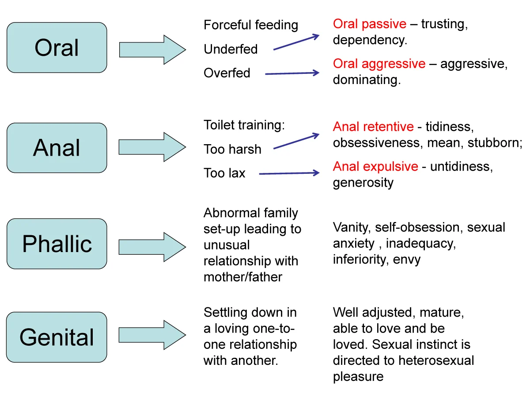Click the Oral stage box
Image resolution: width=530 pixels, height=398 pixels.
(57, 48)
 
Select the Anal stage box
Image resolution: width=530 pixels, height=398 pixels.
(57, 148)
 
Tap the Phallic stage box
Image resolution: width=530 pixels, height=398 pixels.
(57, 244)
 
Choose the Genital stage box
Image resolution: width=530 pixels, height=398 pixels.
(57, 337)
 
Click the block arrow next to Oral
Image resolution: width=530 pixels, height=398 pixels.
(152, 50)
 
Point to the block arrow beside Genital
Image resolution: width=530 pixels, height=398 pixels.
(152, 335)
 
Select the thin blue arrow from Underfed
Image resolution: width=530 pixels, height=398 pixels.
(296, 42)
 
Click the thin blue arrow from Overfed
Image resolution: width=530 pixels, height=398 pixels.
(292, 73)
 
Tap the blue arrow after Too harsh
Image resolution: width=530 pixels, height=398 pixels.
(296, 141)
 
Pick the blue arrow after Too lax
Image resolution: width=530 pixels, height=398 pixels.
(289, 173)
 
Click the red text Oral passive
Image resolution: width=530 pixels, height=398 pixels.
(369, 24)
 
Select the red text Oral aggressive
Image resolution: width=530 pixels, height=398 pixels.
(379, 64)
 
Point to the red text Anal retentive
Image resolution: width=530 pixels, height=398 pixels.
(373, 126)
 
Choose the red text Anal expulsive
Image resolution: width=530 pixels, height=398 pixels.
(375, 167)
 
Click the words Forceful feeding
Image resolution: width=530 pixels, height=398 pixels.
(251, 25)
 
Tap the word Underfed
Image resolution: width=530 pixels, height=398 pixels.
(231, 49)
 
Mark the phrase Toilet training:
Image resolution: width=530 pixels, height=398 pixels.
(244, 125)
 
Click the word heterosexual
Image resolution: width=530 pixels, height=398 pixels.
(436, 360)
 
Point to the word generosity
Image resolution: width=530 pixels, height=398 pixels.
(363, 183)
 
